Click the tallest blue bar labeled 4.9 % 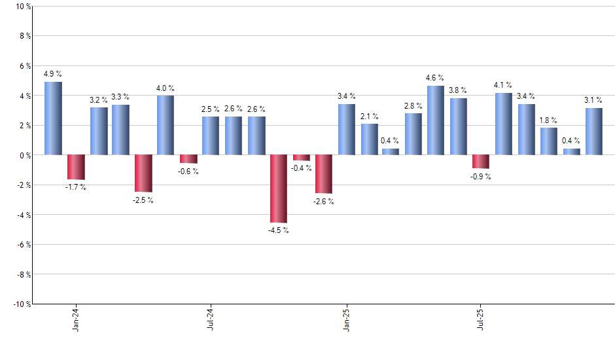(x=53, y=118)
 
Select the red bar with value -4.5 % (x=279, y=189)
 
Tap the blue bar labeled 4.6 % (x=436, y=120)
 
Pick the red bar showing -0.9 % (x=481, y=162)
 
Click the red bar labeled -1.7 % (x=76, y=167)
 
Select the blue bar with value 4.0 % (x=166, y=125)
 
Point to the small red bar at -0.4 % (x=302, y=158)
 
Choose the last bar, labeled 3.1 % (x=594, y=132)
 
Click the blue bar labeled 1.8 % (x=549, y=141)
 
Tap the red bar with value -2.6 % (x=324, y=174)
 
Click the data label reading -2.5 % (x=143, y=200)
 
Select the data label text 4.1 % (x=503, y=85)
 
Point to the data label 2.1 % (x=369, y=116)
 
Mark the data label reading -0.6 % (x=188, y=171)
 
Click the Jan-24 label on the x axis (x=76, y=319)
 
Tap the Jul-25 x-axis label (x=481, y=319)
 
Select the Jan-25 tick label (x=346, y=319)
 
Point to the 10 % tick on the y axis (x=23, y=7)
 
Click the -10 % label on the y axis (x=22, y=304)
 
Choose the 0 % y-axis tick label (x=24, y=155)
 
